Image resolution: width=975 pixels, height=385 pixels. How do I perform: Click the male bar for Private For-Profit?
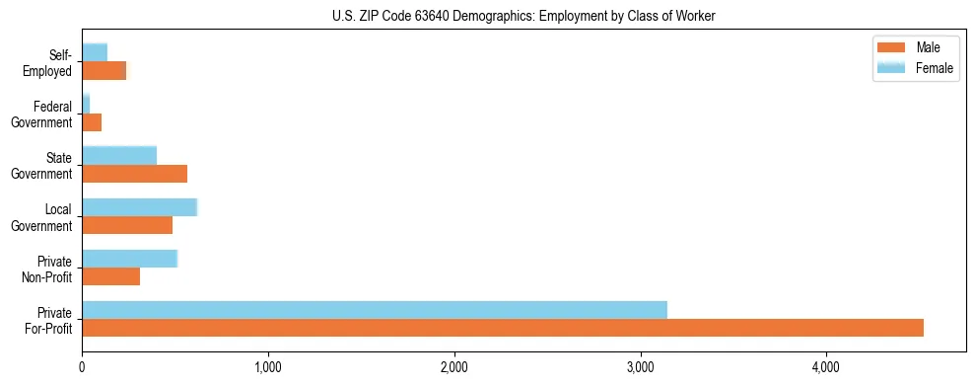[503, 328]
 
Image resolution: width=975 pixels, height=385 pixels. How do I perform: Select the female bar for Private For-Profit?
[375, 310]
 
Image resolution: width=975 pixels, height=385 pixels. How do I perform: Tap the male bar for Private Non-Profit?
[111, 276]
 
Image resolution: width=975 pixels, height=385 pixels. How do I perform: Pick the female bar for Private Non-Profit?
[129, 259]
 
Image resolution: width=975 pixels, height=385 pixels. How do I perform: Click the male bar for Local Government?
[127, 225]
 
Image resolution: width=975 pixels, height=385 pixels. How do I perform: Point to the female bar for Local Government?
[140, 207]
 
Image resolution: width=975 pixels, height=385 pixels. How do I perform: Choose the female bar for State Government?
[119, 155]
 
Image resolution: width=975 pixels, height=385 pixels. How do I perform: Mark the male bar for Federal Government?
[92, 122]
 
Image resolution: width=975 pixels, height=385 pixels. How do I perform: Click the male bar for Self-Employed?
[104, 70]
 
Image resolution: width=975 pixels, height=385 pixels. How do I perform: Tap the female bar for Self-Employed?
[95, 52]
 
